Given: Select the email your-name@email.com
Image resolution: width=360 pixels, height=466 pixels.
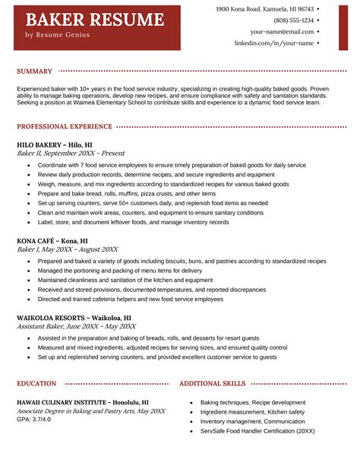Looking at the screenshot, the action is coord(282,32).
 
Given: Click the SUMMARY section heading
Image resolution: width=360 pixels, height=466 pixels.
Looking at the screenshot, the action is coord(34,71).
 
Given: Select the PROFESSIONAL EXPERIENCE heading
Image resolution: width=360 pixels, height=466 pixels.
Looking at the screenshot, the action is coord(64,127).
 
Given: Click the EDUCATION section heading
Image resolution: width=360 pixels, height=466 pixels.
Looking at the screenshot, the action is coord(36,384).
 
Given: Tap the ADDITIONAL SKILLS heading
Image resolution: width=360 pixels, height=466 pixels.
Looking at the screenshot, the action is coord(212,384).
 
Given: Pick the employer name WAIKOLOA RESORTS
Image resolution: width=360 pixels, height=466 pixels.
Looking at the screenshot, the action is coord(74,318).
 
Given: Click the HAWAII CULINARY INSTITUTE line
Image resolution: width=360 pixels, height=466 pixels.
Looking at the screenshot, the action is coord(82,401).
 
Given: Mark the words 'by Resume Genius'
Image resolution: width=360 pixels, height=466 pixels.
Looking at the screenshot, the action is coord(57,35).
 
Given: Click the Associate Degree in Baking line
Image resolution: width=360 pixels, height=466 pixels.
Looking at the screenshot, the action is coord(90,411).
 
